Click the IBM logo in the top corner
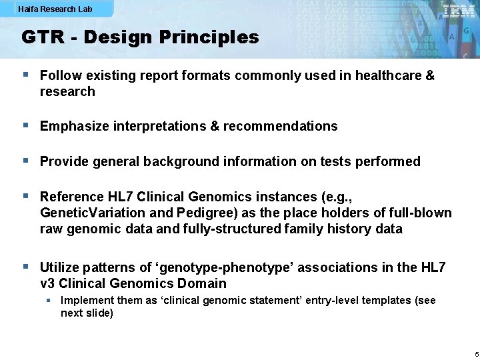coord(459,11)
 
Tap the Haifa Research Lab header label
coord(55,9)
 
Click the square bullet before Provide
coord(25,161)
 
